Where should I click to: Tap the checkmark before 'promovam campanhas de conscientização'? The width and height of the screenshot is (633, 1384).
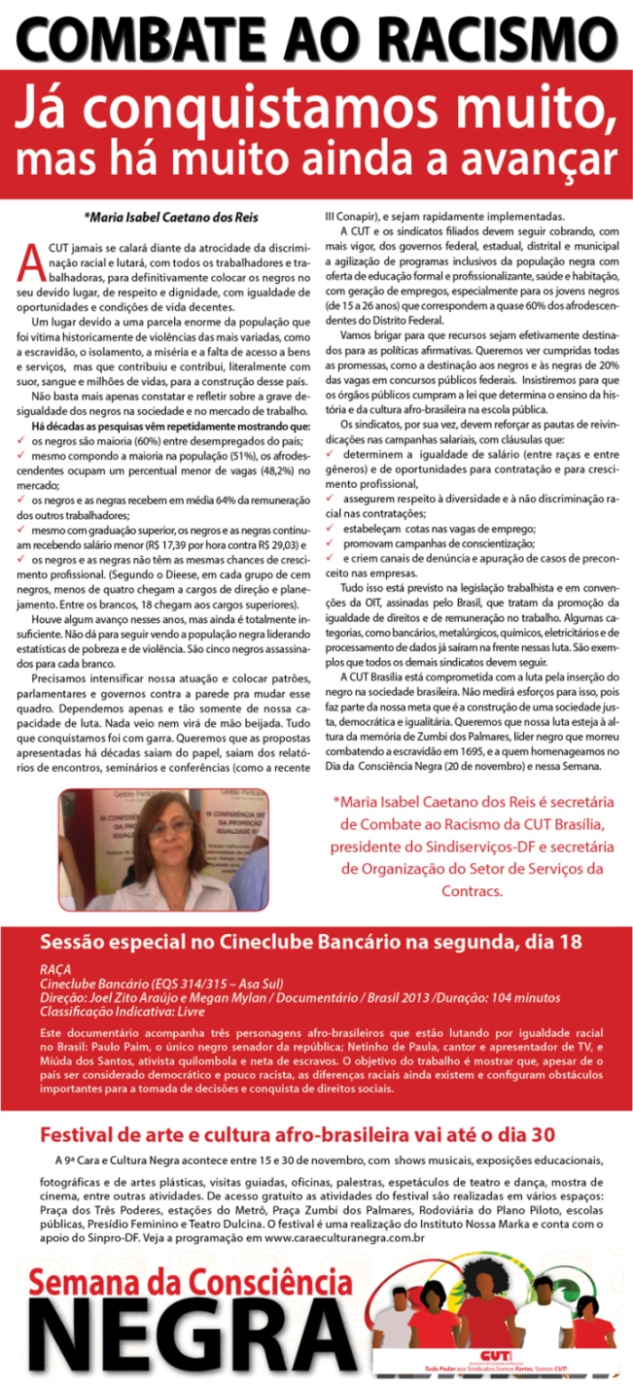click(331, 544)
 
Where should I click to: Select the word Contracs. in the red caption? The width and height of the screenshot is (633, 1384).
click(469, 890)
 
